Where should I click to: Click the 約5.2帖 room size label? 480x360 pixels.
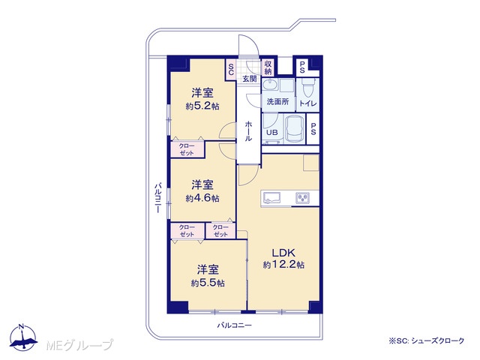(202, 106)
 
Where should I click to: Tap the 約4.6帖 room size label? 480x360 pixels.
(202, 198)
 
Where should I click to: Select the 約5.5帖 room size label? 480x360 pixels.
(208, 283)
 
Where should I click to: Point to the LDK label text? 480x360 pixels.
(283, 253)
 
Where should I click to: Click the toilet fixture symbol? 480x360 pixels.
(307, 87)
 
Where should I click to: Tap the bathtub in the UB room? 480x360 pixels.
(295, 129)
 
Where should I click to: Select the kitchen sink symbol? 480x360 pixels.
(271, 198)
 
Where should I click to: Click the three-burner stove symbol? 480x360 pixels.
(303, 198)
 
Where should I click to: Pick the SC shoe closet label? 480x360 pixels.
(231, 70)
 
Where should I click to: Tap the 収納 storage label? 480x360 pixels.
(268, 67)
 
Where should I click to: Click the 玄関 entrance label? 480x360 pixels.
(250, 79)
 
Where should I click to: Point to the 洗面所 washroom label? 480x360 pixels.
(277, 102)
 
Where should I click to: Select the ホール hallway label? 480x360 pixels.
(248, 131)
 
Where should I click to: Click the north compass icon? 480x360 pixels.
(23, 337)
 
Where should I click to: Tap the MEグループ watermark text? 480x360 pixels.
(79, 345)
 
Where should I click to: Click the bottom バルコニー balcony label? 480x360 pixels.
(234, 325)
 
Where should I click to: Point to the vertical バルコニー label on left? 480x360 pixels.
(157, 197)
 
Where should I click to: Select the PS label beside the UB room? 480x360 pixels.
(313, 129)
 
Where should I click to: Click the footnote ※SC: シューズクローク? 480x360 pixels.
(427, 340)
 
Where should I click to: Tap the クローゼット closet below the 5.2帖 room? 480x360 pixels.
(187, 149)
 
